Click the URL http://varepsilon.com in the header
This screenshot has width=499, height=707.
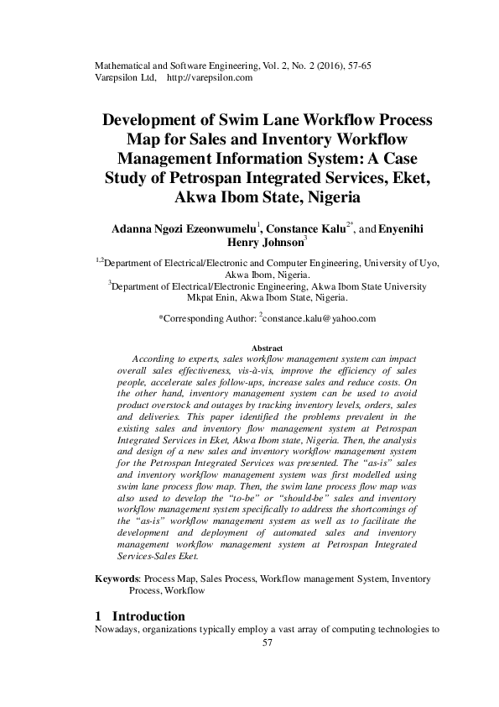211,77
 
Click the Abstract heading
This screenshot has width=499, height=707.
268,348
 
